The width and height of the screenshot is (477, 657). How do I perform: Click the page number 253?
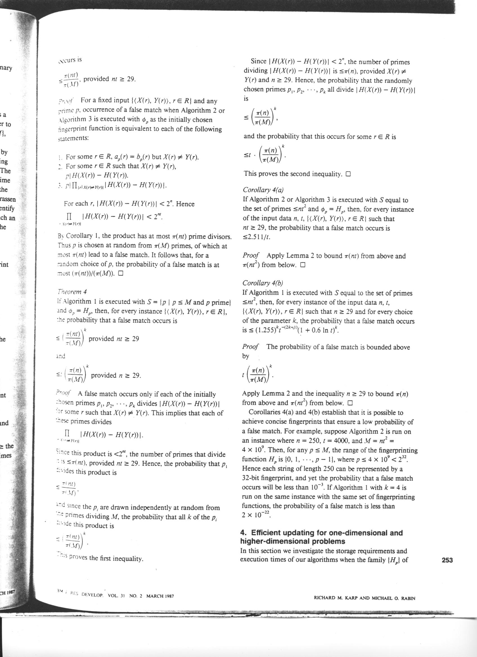point(447,560)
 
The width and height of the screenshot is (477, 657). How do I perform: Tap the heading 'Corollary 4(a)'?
point(263,190)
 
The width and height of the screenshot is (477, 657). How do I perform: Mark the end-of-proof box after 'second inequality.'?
point(348,174)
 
